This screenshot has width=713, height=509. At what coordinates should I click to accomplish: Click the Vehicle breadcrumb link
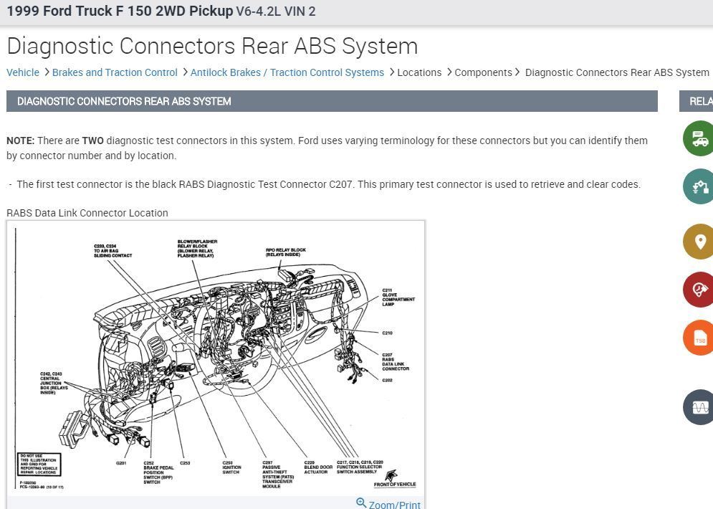pos(23,72)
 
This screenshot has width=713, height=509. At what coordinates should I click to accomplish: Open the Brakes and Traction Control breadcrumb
pos(115,72)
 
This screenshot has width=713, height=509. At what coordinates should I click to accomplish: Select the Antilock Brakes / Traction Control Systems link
pos(287,72)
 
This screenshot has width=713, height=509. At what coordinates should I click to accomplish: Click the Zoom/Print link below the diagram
pos(394,505)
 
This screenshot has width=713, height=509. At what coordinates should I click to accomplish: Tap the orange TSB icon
pos(699,339)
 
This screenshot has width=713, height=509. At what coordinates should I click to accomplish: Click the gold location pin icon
pos(699,242)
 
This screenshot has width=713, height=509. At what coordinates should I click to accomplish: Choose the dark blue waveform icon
pos(699,407)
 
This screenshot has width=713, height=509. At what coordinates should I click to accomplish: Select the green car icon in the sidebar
pos(699,139)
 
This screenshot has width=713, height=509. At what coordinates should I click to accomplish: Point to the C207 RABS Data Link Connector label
pos(395,362)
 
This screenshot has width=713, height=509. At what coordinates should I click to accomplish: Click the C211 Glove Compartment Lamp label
pos(398,298)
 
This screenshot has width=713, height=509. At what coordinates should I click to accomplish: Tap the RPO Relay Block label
pos(285,252)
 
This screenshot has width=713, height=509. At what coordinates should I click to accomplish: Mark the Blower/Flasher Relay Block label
pos(197,249)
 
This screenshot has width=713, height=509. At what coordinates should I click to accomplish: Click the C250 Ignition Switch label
pos(231,467)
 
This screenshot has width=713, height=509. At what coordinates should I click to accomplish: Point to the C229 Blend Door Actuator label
pos(315,467)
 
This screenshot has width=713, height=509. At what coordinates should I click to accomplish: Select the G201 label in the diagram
pos(121,463)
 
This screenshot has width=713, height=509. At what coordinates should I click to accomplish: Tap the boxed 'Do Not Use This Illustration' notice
pos(39,465)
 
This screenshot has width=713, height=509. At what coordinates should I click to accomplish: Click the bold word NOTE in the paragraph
pos(20,141)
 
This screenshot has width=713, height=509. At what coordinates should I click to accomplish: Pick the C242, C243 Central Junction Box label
pos(54,383)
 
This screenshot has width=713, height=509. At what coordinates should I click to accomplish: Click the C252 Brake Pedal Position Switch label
pos(158,472)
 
